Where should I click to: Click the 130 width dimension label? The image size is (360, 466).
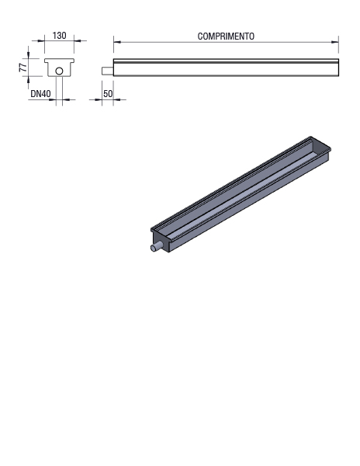[60, 36]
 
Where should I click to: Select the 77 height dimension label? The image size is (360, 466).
[23, 67]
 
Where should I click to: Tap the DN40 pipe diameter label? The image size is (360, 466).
[40, 94]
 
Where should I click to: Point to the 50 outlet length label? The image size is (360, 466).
[108, 94]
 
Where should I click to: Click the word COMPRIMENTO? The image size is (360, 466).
[226, 37]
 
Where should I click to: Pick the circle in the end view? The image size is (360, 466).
[60, 71]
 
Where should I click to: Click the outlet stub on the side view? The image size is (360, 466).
[107, 71]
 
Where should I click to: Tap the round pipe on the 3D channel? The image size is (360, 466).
[156, 247]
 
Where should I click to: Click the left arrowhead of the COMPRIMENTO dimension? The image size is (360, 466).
[117, 42]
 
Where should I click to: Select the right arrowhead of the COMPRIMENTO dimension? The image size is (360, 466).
[335, 42]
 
